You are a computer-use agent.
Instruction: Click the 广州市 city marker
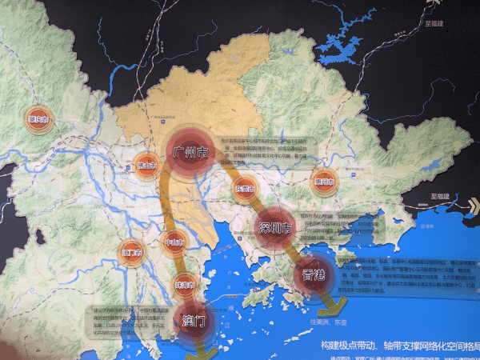tap(191, 151)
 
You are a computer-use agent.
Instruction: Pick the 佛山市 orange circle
tap(146, 166)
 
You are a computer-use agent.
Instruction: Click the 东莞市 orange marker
tap(246, 189)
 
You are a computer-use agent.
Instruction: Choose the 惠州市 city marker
tap(324, 179)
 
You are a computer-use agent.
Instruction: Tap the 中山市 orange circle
tap(175, 242)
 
